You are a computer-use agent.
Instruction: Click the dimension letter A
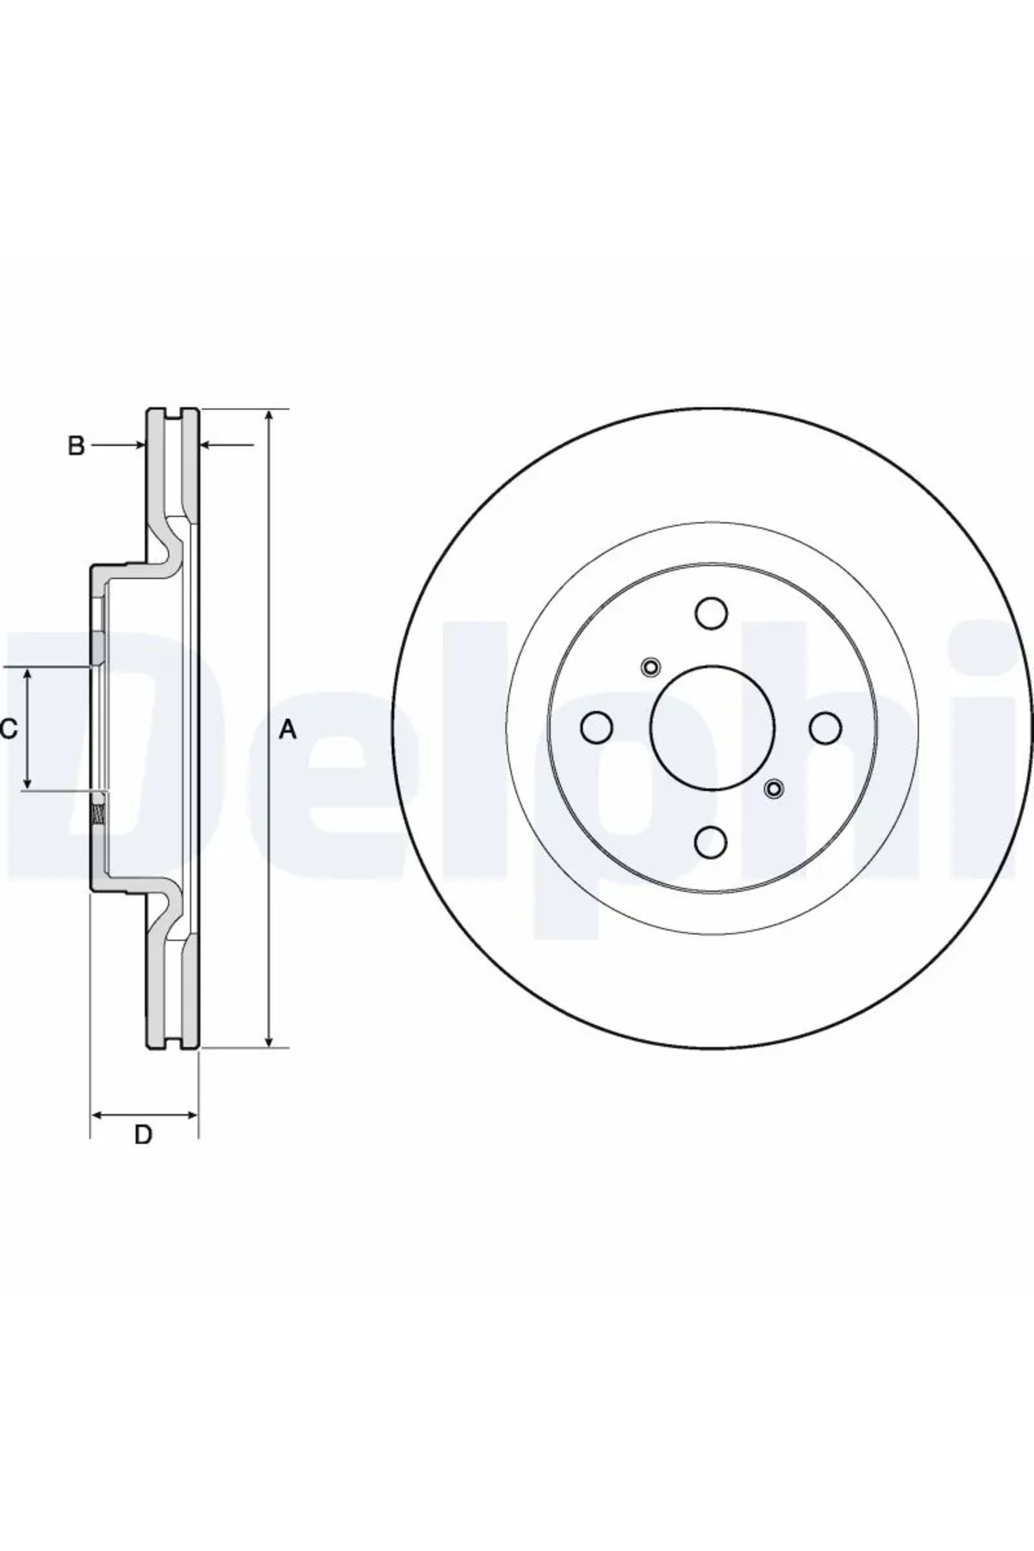tap(289, 730)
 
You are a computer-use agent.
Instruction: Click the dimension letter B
tap(77, 445)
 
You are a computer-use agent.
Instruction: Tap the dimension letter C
tap(9, 730)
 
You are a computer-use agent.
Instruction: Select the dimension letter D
tap(143, 1134)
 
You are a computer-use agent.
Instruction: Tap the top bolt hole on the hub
tap(711, 614)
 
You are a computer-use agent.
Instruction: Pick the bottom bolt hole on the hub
tap(711, 841)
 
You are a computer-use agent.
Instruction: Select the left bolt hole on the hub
tap(596, 727)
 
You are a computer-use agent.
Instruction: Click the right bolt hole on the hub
tap(825, 727)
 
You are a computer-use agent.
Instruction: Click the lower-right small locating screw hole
tap(774, 788)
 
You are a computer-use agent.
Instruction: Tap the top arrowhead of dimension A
tap(271, 416)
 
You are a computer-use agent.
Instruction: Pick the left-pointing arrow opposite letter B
tap(207, 445)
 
